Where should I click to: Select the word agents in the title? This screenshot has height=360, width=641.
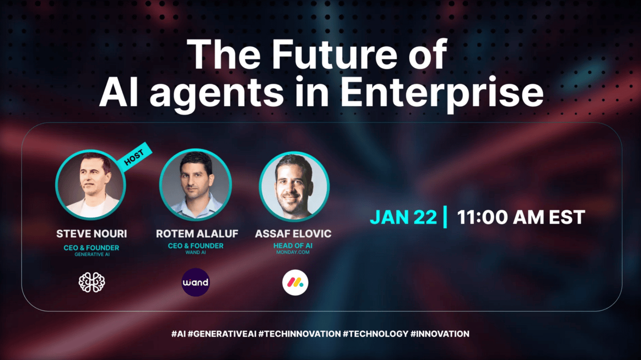pos(217,94)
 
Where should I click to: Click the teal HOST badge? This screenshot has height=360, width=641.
pos(134,157)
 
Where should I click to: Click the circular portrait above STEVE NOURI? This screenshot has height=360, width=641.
pos(91,185)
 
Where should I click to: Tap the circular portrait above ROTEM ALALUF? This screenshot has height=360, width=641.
pos(196,184)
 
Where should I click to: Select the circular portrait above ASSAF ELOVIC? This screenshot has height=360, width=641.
pos(295,186)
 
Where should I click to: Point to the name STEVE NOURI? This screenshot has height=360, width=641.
pos(92,234)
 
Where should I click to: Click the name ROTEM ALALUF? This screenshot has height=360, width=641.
pos(197,234)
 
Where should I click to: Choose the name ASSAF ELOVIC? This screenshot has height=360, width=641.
pos(293,234)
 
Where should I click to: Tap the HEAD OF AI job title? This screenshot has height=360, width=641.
pos(293,245)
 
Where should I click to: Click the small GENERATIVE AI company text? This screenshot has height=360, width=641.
pos(92,254)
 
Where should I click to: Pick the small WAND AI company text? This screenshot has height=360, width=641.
pos(196,252)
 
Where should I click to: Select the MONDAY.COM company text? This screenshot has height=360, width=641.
pos(293,252)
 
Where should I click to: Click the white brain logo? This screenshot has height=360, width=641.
pos(92,283)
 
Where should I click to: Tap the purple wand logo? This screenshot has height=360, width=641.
pos(196,282)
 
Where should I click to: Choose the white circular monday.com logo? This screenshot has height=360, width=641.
pos(295,283)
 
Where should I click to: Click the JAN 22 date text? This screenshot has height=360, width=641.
pos(403,218)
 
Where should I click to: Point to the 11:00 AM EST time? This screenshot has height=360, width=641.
pos(521,218)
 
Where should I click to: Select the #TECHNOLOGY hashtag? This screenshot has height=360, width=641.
pos(376,334)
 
